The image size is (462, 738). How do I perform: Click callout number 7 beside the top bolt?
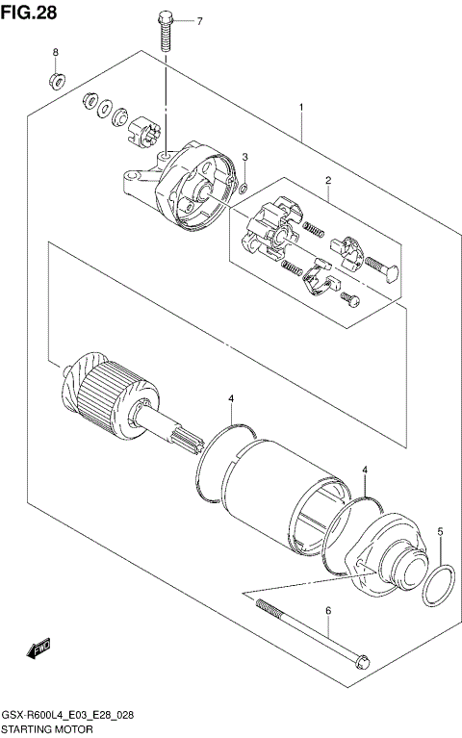[x=199, y=21]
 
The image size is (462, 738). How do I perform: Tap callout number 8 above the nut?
[x=55, y=52]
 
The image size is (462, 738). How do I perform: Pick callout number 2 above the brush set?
[x=327, y=181]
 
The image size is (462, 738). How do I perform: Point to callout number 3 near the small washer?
[x=245, y=158]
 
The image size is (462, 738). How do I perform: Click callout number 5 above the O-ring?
[x=441, y=531]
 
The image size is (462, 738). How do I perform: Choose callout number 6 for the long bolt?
[x=327, y=610]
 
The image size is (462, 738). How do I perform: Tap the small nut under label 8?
[x=57, y=78]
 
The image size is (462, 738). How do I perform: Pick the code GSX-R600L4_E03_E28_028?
[x=68, y=717]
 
